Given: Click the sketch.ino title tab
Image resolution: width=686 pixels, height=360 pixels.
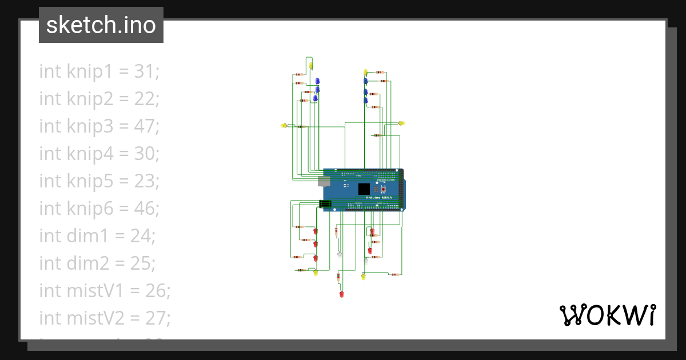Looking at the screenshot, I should tap(101, 25).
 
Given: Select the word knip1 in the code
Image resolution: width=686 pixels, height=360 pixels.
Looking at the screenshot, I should tap(90, 71).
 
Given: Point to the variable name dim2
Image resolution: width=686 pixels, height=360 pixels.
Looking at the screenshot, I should tap(86, 263).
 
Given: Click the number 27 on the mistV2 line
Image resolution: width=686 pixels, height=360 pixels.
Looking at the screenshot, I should tap(156, 318).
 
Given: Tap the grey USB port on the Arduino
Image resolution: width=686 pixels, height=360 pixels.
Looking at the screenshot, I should tap(323, 181).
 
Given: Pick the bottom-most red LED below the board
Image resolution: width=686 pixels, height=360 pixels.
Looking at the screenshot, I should tap(341, 295).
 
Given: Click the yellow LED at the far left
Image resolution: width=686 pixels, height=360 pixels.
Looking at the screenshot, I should tap(284, 126).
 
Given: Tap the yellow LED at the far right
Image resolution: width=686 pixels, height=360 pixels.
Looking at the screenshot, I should tap(401, 123).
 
